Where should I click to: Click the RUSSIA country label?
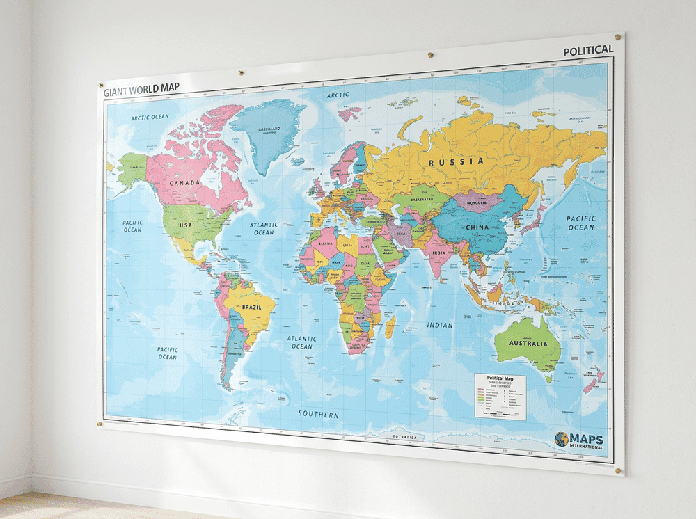coord(456,162)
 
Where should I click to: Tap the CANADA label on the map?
coord(184,183)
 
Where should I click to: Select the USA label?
coord(186,225)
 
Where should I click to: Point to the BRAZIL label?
coord(251,307)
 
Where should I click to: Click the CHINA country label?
coord(477,227)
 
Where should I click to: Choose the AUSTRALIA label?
coord(528,343)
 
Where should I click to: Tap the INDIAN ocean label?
coord(440,325)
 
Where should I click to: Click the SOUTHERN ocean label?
coord(318,415)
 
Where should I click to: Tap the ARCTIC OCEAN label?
coord(150,117)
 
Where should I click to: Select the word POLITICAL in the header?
coord(588,50)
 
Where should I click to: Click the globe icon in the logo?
coord(561,439)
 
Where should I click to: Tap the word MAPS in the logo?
coord(586,439)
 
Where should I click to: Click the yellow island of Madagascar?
coord(390,326)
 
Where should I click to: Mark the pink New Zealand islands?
coord(595,380)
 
